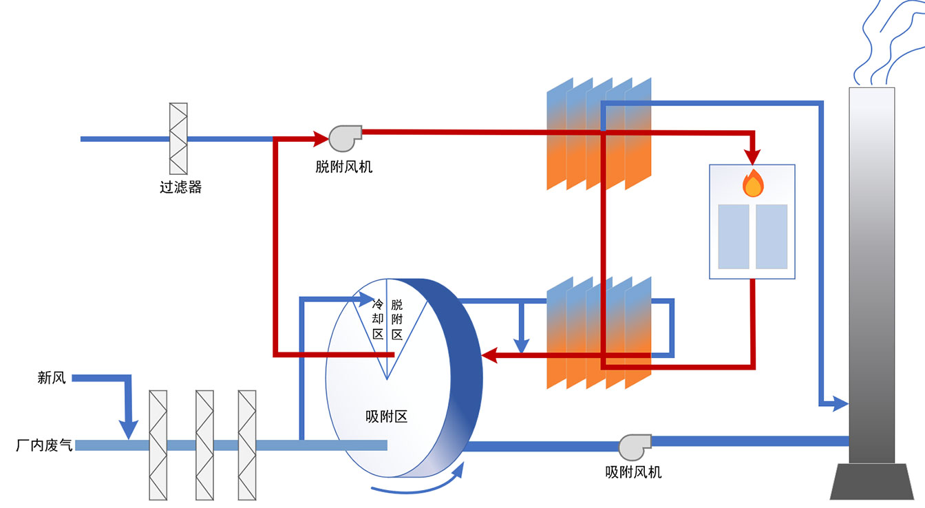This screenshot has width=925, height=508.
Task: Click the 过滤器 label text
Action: coord(180,187)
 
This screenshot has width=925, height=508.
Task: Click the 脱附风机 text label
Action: coord(344,167)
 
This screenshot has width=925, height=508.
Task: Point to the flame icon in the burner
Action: coord(753,184)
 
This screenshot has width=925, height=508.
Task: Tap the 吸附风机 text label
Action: coord(633,472)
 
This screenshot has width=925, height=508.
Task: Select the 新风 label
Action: coord(52,377)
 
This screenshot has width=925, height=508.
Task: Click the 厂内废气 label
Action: coord(43,445)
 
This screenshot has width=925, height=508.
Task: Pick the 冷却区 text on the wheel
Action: coord(378,319)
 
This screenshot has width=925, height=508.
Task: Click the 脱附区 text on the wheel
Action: coord(397,319)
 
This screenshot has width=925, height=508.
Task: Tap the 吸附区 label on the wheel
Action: coord(386,416)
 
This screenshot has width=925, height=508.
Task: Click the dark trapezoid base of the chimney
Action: coord(871,481)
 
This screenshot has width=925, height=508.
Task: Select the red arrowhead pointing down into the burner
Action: coord(753,156)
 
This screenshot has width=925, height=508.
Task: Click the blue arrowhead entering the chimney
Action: coord(840,403)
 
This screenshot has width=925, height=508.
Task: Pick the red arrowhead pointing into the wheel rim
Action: coord(490,355)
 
